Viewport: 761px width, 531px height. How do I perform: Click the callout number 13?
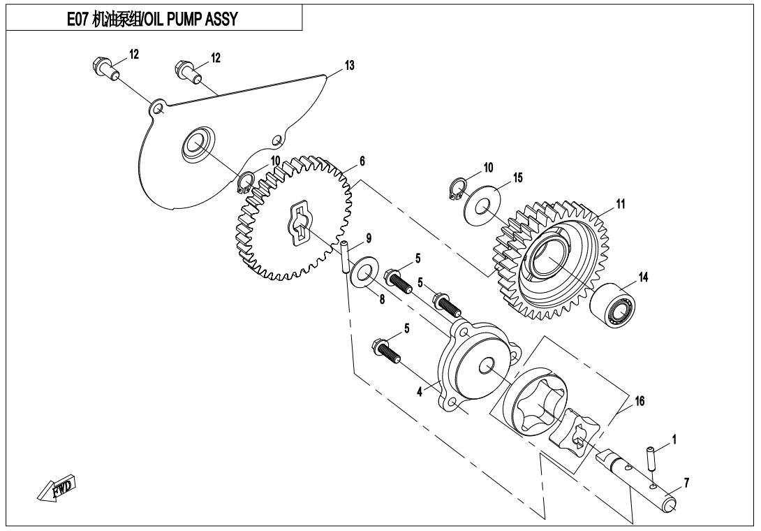coord(348,65)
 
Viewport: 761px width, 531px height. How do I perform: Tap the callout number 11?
coord(621,203)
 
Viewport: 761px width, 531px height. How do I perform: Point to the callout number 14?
coord(643,277)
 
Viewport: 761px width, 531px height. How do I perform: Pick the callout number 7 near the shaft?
coord(688,483)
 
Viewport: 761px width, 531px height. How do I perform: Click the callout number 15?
coord(517,180)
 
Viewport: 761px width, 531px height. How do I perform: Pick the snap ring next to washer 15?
coord(455,190)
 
